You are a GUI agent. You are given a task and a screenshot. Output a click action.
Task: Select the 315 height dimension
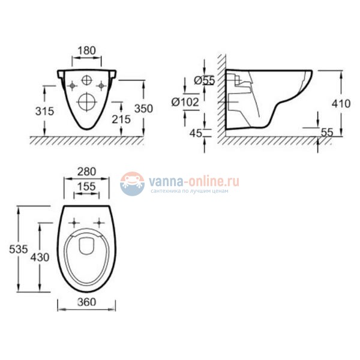point(44,111)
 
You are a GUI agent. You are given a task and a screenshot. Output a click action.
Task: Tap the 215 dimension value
point(121,119)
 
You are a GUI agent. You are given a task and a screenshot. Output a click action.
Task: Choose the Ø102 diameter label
point(185,103)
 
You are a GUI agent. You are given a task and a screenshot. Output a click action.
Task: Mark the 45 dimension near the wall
point(196,133)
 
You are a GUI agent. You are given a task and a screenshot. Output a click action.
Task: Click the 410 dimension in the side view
point(340,103)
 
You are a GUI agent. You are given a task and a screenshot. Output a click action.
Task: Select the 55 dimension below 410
point(326,133)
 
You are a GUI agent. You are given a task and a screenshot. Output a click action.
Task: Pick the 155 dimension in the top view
point(87,187)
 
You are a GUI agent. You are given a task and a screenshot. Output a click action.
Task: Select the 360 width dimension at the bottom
point(87,304)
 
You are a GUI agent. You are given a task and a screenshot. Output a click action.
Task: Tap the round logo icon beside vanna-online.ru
point(132,184)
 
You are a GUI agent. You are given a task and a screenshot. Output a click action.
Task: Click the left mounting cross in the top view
point(75,221)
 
